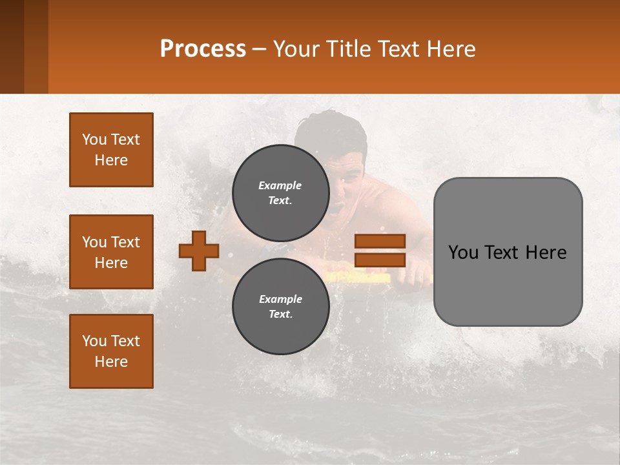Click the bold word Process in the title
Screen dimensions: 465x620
click(x=203, y=49)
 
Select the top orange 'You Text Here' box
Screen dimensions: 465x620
click(x=111, y=150)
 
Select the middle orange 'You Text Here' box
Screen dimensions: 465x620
click(x=111, y=252)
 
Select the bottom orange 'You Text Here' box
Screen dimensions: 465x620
click(x=111, y=351)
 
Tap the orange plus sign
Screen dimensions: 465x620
click(x=199, y=251)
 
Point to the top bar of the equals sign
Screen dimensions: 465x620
click(x=380, y=242)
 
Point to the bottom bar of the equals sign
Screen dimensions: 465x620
click(x=380, y=260)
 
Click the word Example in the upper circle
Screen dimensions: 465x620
click(x=280, y=185)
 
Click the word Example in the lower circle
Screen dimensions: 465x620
click(x=280, y=299)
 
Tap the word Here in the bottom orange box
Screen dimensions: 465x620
click(x=111, y=362)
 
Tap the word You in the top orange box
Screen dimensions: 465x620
click(x=94, y=139)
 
